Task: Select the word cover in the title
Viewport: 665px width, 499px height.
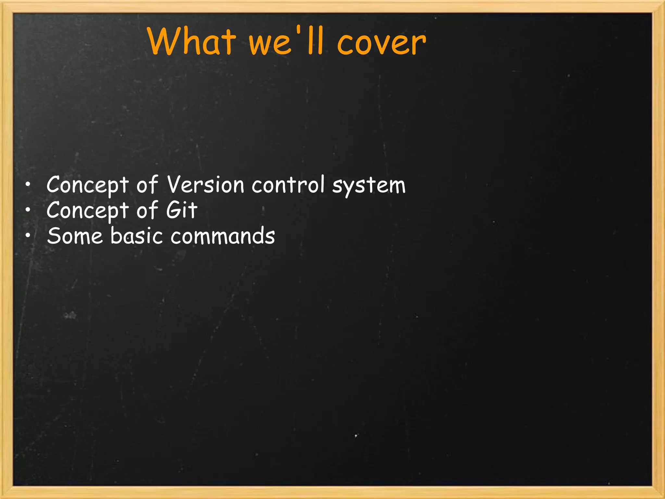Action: point(381,43)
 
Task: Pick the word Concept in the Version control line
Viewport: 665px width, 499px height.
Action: point(88,185)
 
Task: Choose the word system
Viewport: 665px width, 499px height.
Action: point(369,186)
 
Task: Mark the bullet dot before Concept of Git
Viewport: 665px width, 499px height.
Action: point(28,211)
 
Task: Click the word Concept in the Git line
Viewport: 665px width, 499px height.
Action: point(88,211)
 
